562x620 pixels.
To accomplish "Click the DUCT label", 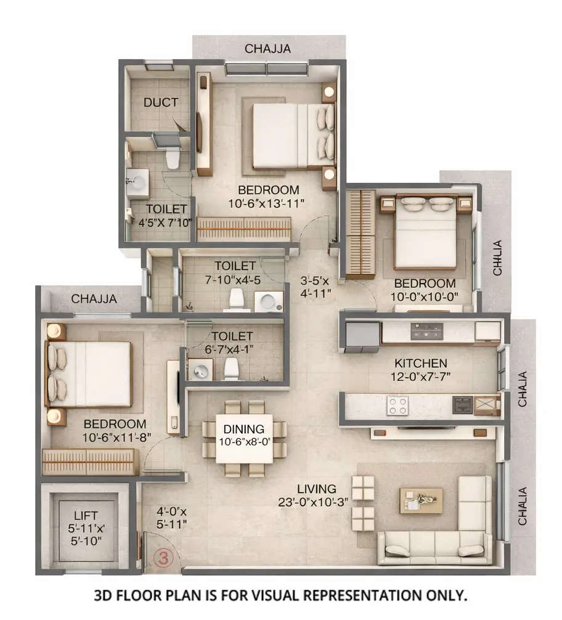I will (161, 103).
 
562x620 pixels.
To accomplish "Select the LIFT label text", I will (86, 516).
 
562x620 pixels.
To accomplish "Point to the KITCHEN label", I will (421, 363).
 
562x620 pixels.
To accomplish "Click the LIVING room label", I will (316, 489).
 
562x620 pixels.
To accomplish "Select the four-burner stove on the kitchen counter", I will (397, 406).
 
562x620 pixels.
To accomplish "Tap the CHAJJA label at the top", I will (268, 49).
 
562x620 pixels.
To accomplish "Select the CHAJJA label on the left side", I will (94, 299).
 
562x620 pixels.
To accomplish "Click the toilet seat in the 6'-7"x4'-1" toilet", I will (231, 369).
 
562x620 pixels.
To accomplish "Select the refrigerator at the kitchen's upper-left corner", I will (362, 336).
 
